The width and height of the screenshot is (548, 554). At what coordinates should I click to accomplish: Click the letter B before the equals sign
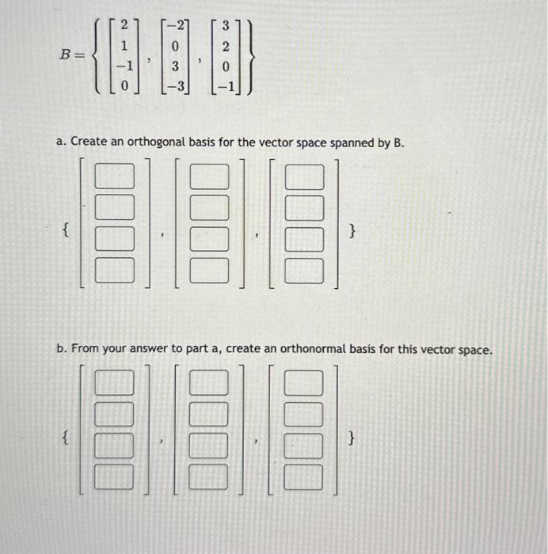[x=67, y=55]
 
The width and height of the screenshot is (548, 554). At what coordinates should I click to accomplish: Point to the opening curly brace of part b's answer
[x=65, y=436]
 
